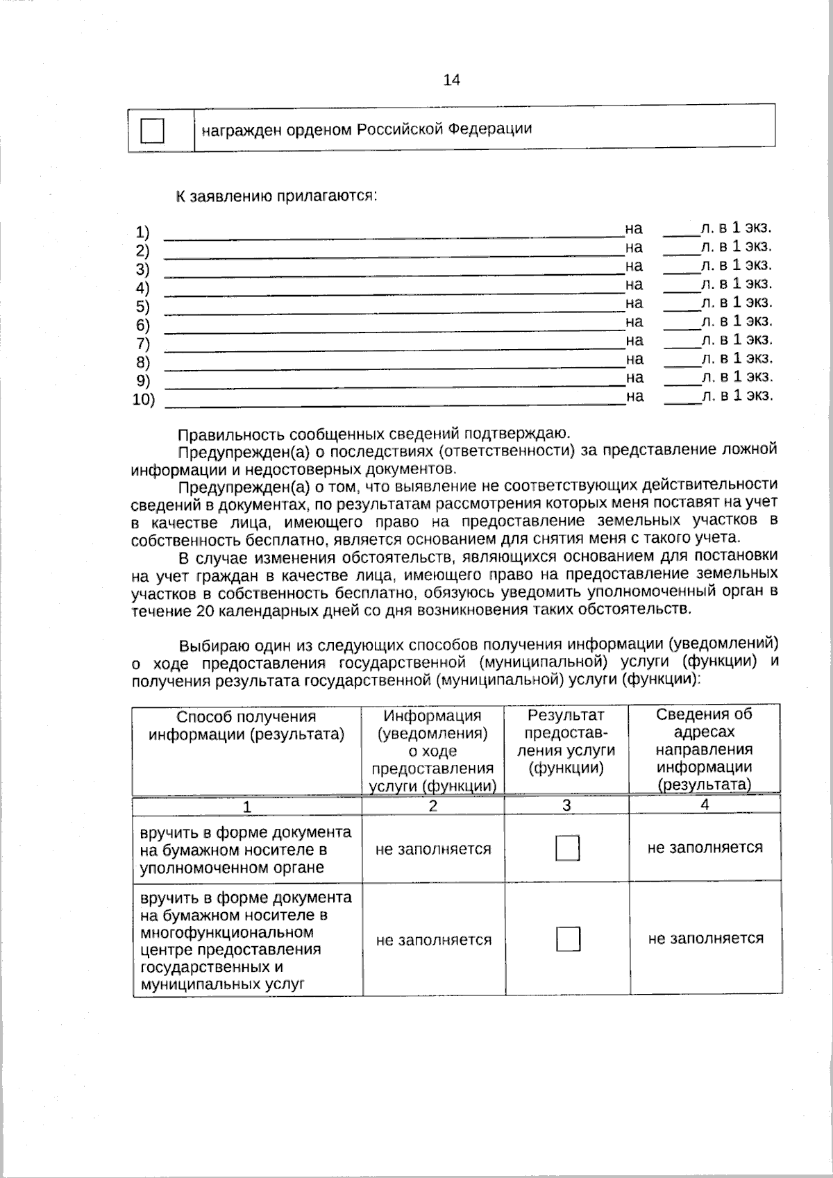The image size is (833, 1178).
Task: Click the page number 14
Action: pyautogui.click(x=451, y=80)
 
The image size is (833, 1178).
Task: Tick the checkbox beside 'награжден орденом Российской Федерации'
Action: pyautogui.click(x=152, y=130)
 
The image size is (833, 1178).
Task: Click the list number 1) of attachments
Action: pyautogui.click(x=142, y=232)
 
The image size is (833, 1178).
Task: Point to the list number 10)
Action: pyautogui.click(x=144, y=400)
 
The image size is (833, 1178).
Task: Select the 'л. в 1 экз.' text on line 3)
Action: pyautogui.click(x=736, y=264)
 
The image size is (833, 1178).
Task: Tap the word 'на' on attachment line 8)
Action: pyautogui.click(x=634, y=359)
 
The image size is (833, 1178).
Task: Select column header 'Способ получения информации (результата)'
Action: pyautogui.click(x=246, y=725)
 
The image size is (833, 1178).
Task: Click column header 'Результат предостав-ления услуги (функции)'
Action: pyautogui.click(x=566, y=741)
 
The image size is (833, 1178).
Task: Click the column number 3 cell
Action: pyautogui.click(x=566, y=805)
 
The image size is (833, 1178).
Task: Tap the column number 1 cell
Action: pyautogui.click(x=246, y=807)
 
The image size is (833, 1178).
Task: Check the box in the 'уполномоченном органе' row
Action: pyautogui.click(x=567, y=848)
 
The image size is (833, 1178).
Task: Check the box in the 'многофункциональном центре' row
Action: pyautogui.click(x=568, y=939)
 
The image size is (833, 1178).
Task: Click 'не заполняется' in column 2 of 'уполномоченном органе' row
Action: pyautogui.click(x=433, y=849)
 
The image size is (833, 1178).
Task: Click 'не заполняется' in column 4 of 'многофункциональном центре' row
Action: pyautogui.click(x=705, y=939)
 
